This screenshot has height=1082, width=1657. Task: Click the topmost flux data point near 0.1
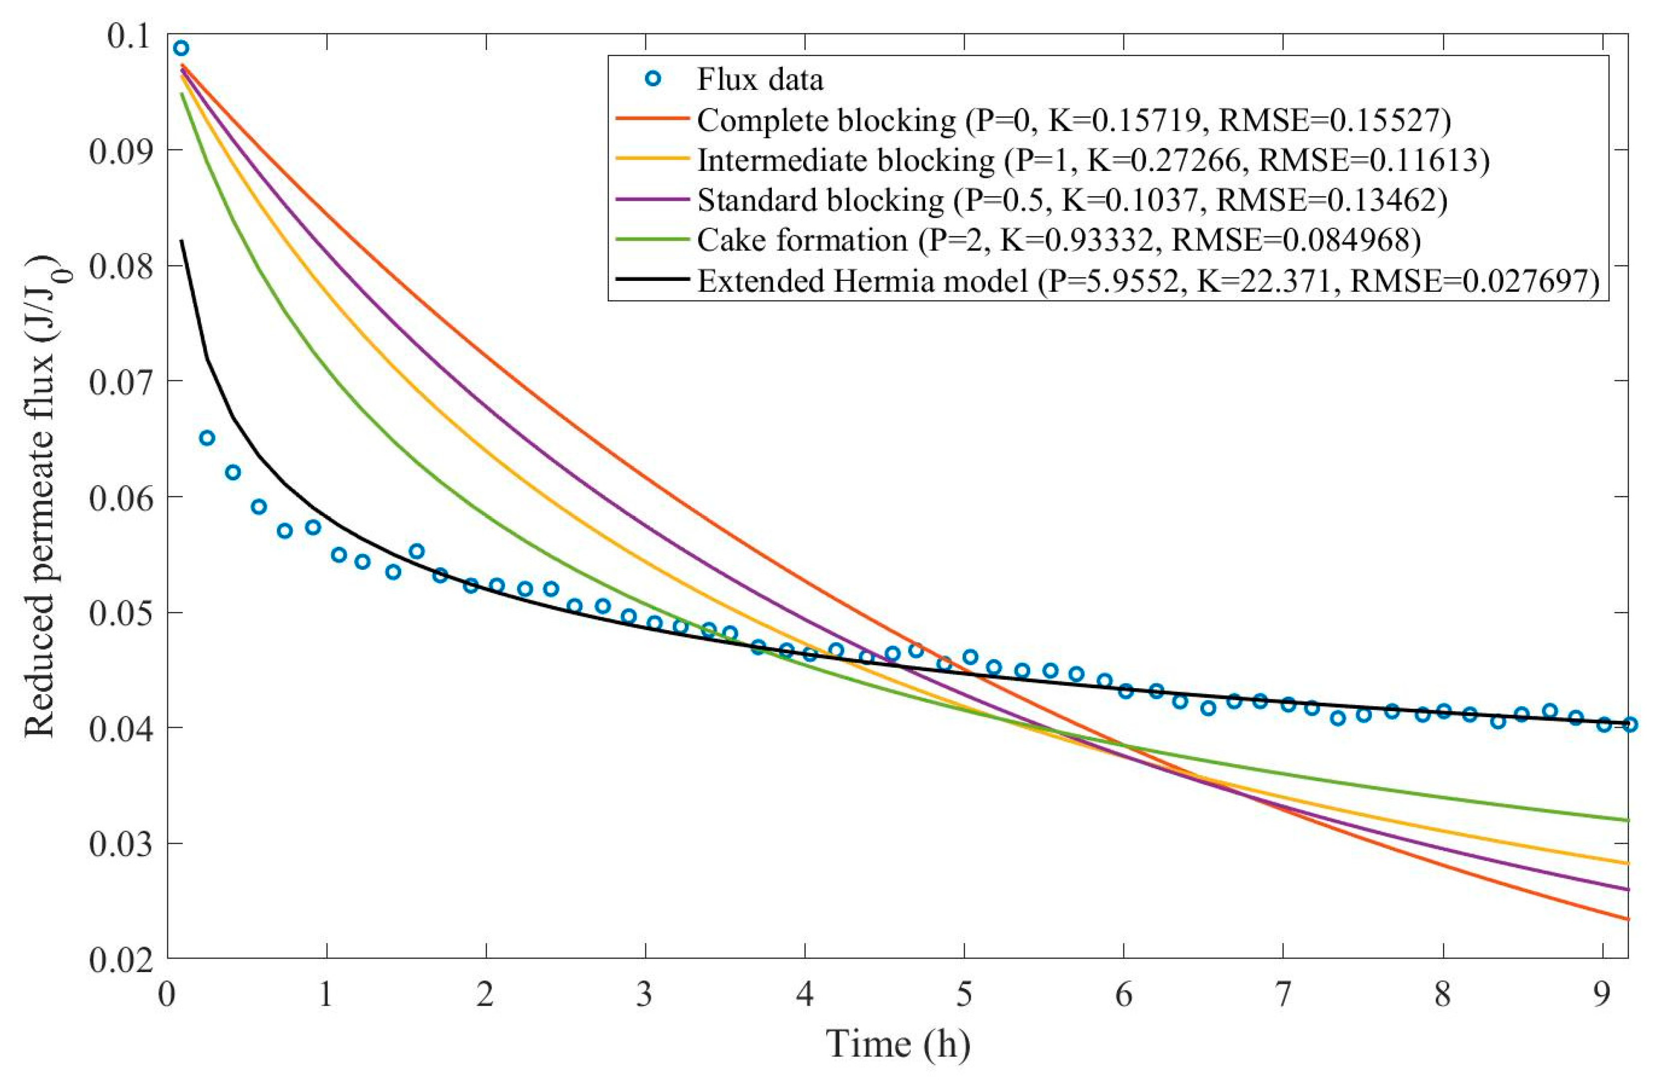pyautogui.click(x=181, y=48)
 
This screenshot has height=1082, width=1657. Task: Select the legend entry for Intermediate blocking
pyautogui.click(x=1093, y=160)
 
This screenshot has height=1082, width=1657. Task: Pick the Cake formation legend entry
pyautogui.click(x=1058, y=240)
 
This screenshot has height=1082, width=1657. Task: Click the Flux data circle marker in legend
pyautogui.click(x=652, y=79)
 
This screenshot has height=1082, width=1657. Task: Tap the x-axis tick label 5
pyautogui.click(x=964, y=995)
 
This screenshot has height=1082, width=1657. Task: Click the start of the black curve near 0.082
pyautogui.click(x=182, y=241)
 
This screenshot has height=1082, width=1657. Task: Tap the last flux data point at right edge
pyautogui.click(x=1629, y=725)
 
